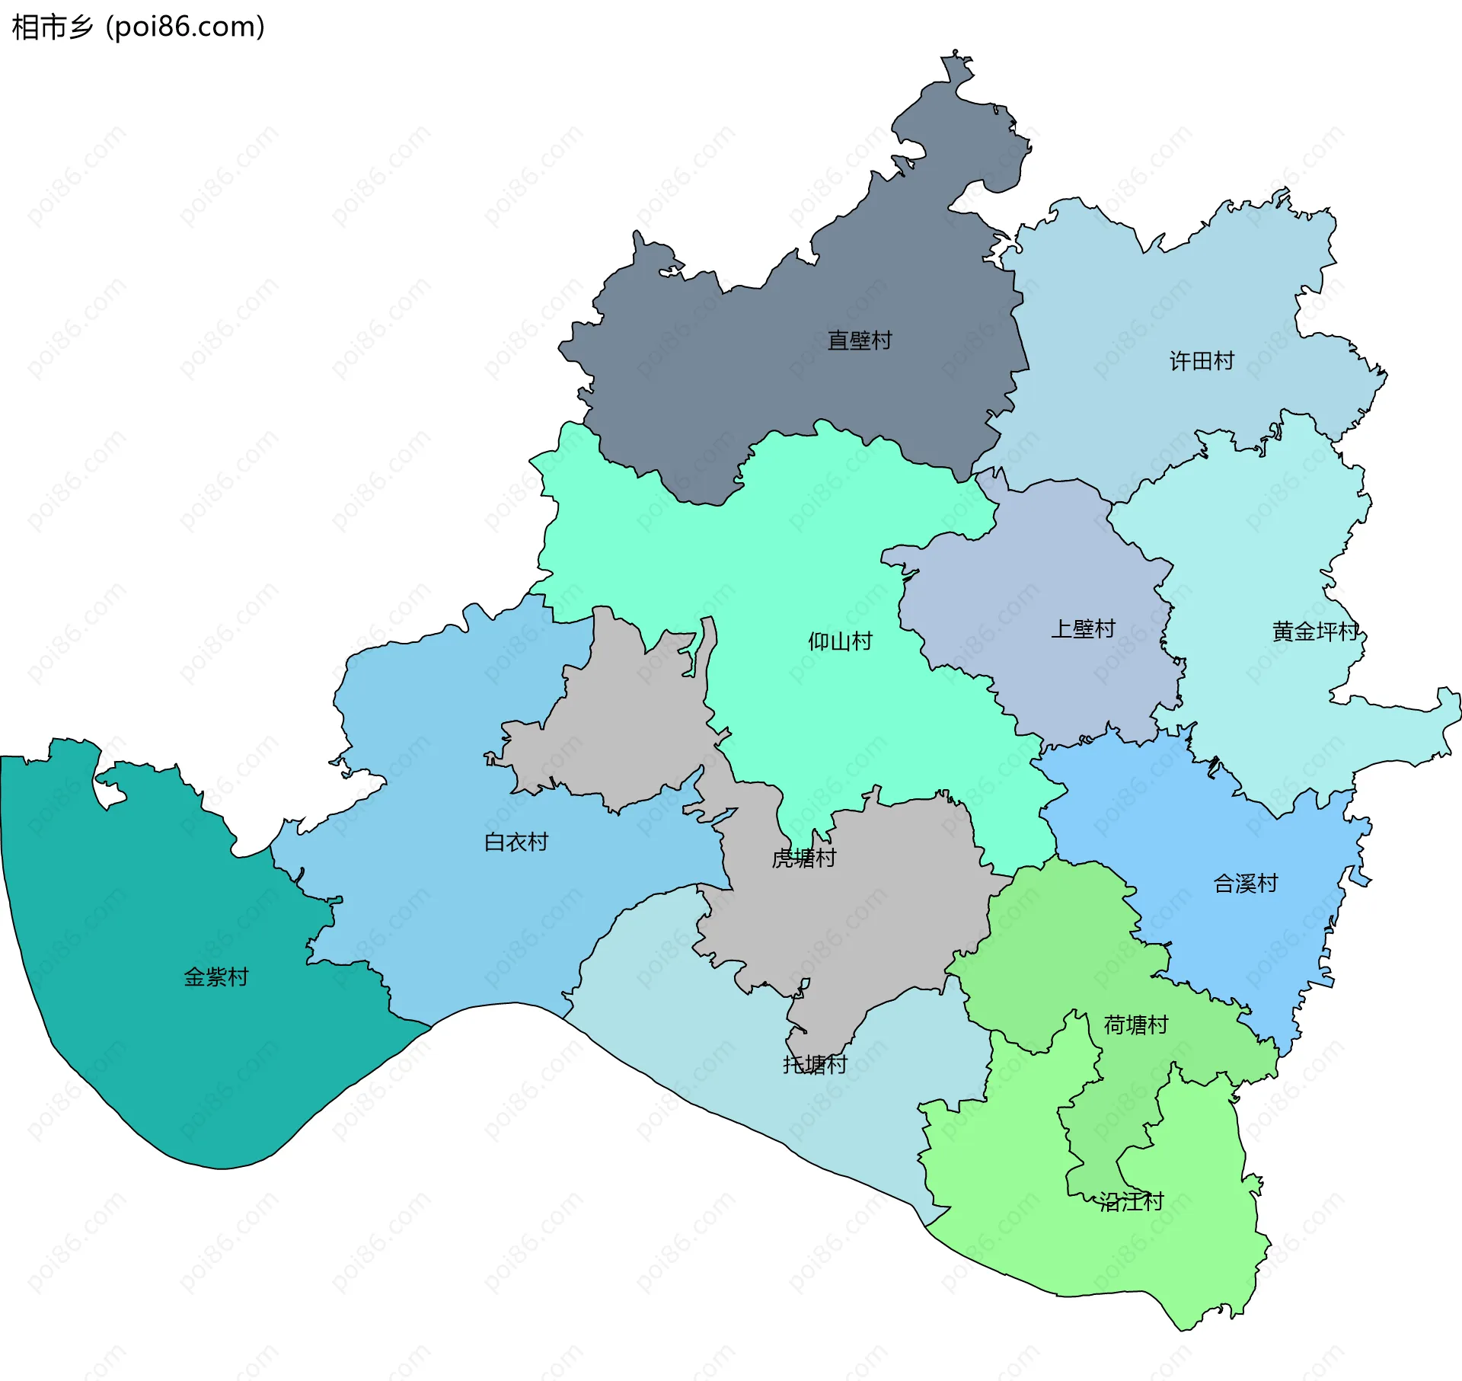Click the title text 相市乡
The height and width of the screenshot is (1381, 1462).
point(52,27)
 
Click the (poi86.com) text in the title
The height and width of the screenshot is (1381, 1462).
point(185,27)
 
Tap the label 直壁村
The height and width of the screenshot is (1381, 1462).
point(859,340)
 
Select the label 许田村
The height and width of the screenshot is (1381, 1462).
point(1202,361)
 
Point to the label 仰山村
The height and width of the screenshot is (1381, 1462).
point(840,641)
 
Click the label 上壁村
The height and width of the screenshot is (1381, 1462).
point(1083,629)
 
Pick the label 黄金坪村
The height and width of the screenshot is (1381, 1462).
point(1315,631)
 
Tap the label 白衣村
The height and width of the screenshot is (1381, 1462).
point(516,842)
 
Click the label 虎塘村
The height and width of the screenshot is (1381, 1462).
point(804,858)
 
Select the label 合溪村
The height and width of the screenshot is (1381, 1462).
point(1245,884)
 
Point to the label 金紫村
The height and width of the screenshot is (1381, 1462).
point(216,977)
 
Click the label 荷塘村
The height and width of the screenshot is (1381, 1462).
point(1135,1025)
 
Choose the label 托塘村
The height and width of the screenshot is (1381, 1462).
point(815,1065)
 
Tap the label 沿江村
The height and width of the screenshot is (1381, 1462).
point(1132,1202)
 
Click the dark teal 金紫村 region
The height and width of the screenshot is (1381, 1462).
point(152,1051)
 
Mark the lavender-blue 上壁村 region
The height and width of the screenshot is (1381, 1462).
point(1051,579)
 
